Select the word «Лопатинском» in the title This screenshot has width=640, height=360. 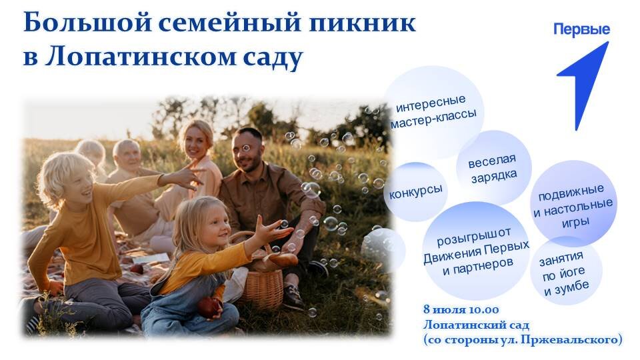coord(141,56)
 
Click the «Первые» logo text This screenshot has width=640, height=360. coord(581,29)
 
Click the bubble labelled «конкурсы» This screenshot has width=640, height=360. coord(416,191)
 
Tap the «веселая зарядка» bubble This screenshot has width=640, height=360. coord(493,167)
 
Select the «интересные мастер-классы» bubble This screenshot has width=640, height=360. coord(433,111)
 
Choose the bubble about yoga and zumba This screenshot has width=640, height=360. coord(566,271)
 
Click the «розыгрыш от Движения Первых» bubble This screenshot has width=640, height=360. coord(475,251)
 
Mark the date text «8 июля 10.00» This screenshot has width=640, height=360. coord(461,310)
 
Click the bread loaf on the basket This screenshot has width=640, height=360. coord(281,259)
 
